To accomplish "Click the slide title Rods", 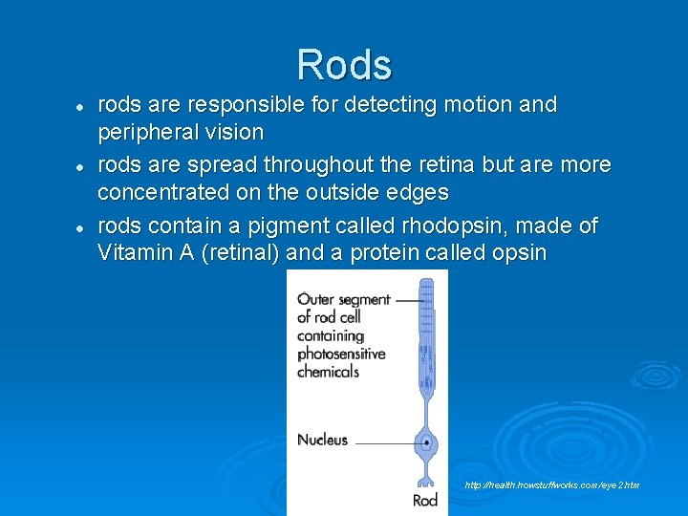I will pyautogui.click(x=344, y=65).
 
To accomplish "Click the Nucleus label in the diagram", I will pyautogui.click(x=322, y=441).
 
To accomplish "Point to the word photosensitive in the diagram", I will pyautogui.click(x=341, y=354).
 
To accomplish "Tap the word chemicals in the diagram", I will pyautogui.click(x=328, y=371).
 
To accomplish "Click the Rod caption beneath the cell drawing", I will pyautogui.click(x=425, y=500).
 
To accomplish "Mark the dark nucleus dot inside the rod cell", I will pyautogui.click(x=426, y=443).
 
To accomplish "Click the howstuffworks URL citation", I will pyautogui.click(x=552, y=485).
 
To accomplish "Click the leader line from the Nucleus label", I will pyautogui.click(x=382, y=442).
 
